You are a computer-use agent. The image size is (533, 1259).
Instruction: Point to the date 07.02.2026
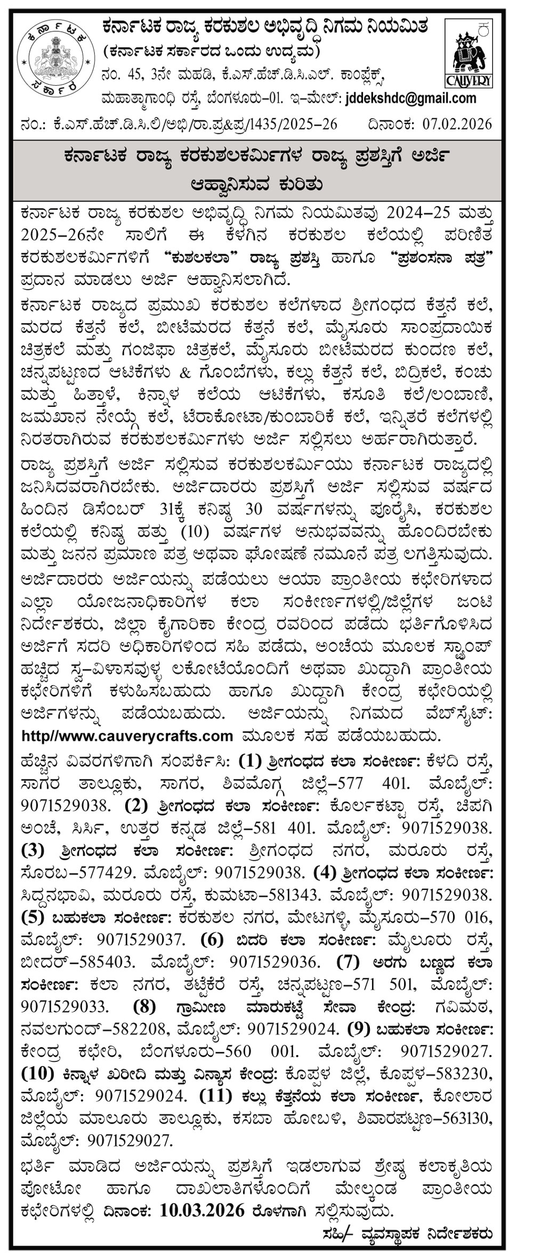[457, 125]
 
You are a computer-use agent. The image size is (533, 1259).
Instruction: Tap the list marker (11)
[216, 1097]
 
